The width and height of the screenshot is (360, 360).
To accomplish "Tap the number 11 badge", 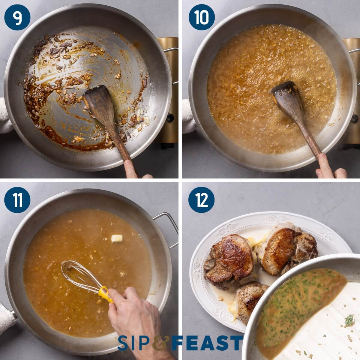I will tap(17, 200).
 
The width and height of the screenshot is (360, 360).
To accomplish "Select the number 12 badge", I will tap(202, 200).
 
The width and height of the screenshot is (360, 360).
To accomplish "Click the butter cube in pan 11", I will tap(117, 238).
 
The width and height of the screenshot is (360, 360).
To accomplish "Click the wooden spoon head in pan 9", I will tap(97, 102).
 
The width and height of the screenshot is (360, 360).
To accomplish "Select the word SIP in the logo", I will tap(135, 343).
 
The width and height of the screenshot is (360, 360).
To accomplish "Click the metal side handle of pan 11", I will tap(168, 228).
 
